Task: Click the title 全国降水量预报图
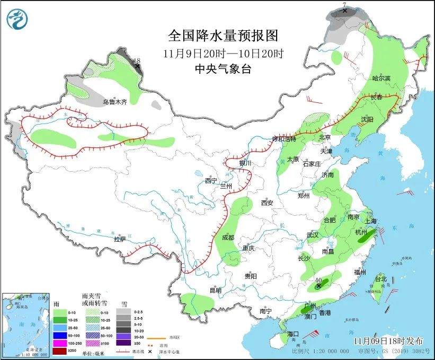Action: tap(223, 36)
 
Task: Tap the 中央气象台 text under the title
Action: tap(223, 68)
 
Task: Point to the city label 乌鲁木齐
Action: tap(115, 102)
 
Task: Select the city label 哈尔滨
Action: tap(381, 78)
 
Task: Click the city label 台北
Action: tap(380, 279)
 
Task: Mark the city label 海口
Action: tap(294, 334)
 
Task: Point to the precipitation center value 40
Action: tap(318, 280)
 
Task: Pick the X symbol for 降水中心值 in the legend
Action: tap(151, 352)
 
